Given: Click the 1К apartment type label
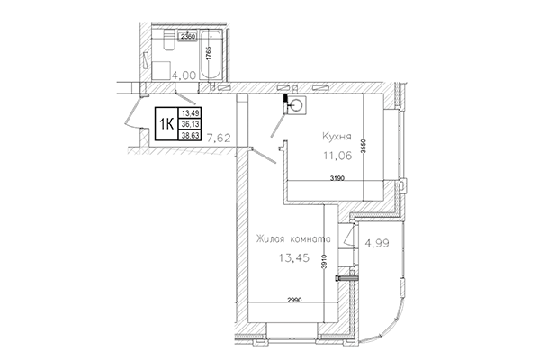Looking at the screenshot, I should tap(167, 123).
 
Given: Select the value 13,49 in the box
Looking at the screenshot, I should tap(190, 113).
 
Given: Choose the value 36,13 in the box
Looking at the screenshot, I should tap(190, 123).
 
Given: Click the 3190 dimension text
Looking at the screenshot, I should tap(338, 179).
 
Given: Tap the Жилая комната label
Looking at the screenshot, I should tap(293, 238).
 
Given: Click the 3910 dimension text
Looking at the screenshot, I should tap(336, 257).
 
